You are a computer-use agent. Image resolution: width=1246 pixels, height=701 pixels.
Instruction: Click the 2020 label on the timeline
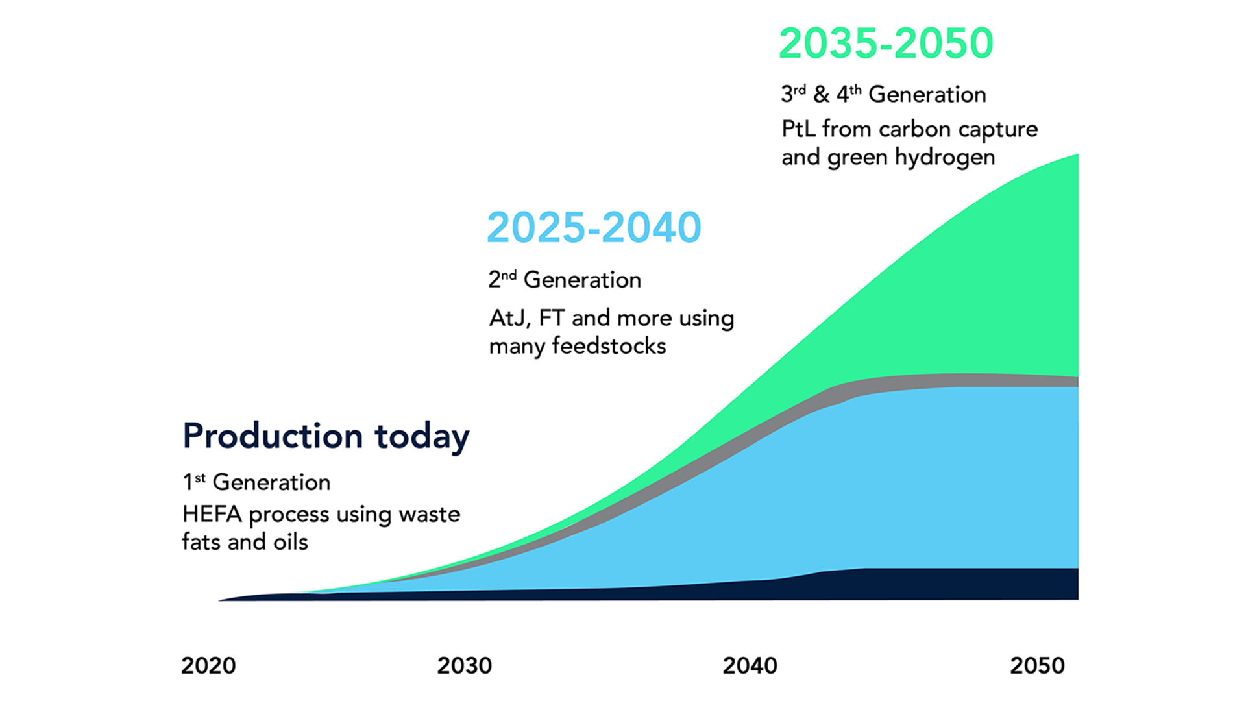[x=208, y=665]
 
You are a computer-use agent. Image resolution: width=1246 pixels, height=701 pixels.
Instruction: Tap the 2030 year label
[x=464, y=665]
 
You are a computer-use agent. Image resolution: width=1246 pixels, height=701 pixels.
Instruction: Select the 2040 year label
[x=750, y=665]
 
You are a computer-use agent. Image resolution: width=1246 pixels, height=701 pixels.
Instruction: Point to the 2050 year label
[x=1037, y=665]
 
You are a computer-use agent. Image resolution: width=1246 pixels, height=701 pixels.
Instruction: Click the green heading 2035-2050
[x=886, y=43]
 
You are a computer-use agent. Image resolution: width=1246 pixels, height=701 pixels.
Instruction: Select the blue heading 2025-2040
[x=594, y=227]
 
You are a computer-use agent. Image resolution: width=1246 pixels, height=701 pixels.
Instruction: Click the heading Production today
[x=326, y=436]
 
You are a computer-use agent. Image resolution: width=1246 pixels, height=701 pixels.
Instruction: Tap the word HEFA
[x=212, y=514]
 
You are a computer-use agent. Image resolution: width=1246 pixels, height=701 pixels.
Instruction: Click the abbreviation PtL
[x=798, y=129]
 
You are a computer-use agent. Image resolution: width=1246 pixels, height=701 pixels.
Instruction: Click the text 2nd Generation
[x=565, y=280]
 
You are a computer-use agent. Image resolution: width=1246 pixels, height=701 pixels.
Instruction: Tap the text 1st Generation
[x=256, y=482]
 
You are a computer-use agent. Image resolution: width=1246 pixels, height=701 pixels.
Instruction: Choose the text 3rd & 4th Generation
[x=883, y=95]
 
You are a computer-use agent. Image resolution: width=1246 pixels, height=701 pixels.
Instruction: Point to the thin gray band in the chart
[x=973, y=380]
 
